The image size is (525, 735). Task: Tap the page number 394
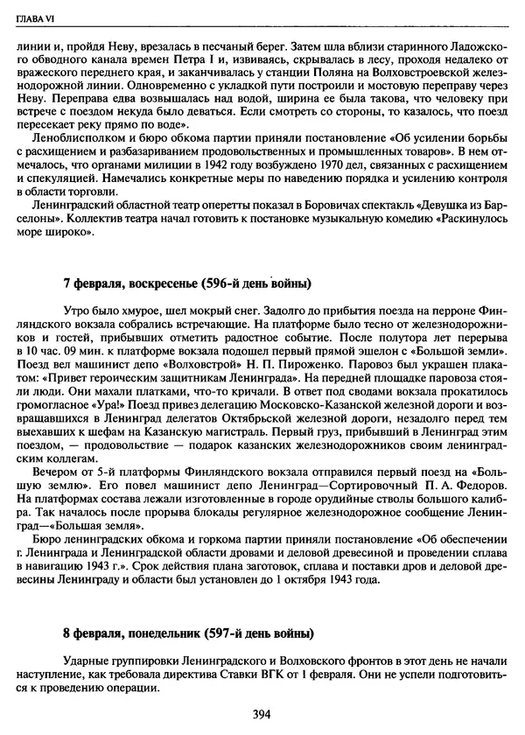click(262, 714)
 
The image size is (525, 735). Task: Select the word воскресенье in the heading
click(166, 285)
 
